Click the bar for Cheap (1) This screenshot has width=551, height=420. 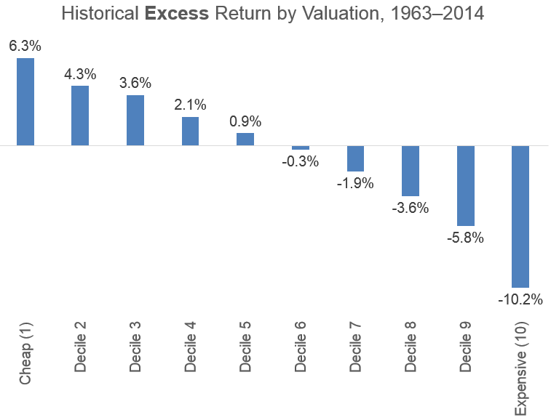coord(25,102)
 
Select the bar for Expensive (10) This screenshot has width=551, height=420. coord(520,216)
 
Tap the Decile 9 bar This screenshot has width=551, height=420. coord(466,185)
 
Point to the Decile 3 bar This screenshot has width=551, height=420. coord(135,121)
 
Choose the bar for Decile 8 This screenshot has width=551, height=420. coord(411,170)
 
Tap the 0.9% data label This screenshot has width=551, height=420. coord(245,121)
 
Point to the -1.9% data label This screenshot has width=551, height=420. coord(355,183)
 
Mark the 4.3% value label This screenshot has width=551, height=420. coord(80,74)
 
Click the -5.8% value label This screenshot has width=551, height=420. coord(466,238)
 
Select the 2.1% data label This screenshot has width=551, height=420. coord(190,105)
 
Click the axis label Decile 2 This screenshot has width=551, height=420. coord(80,346)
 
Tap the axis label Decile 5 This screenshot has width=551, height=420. coord(245,346)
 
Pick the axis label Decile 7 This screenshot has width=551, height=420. coord(355,346)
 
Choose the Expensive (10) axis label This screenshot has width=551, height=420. coord(520,366)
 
